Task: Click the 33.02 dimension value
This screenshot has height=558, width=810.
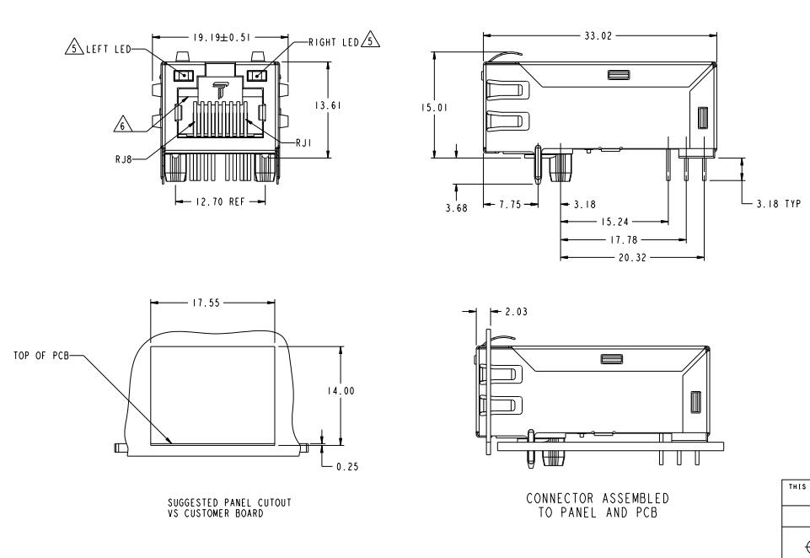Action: (598, 35)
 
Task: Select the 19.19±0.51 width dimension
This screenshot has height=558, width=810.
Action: (222, 37)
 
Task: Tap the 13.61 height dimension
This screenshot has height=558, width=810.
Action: (328, 105)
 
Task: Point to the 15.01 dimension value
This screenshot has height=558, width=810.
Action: (434, 107)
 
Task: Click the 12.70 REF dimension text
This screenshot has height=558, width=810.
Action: (220, 201)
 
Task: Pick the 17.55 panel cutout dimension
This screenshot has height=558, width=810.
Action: (207, 303)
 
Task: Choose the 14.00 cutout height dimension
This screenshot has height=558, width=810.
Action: (341, 391)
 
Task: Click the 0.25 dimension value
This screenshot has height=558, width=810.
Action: (347, 467)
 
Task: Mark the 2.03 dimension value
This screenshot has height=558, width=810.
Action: (516, 312)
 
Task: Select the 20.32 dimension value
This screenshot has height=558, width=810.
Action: (632, 257)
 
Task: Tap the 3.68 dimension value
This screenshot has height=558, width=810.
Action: (456, 207)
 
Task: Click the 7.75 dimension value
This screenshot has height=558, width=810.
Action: (510, 205)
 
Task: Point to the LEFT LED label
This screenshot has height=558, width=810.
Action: (109, 49)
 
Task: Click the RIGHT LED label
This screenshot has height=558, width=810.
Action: (334, 42)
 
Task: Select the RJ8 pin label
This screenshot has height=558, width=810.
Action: (123, 159)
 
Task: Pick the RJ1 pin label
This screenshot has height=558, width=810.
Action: (303, 142)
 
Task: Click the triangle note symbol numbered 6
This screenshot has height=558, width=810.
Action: (122, 124)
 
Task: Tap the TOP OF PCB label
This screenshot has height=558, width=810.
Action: (41, 356)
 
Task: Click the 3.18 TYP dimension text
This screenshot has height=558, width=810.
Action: (779, 204)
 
